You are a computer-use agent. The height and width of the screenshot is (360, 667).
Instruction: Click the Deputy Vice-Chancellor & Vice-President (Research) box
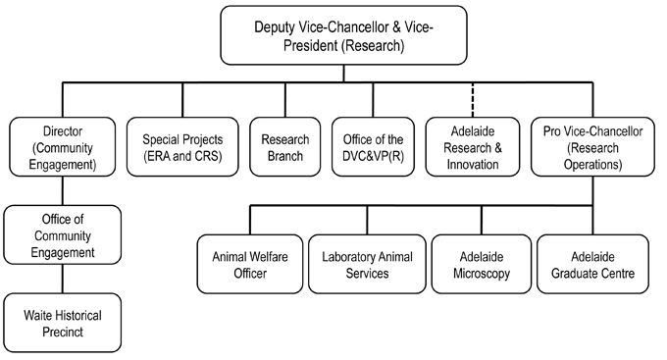331,38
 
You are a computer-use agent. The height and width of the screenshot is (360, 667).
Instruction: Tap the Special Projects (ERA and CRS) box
183,147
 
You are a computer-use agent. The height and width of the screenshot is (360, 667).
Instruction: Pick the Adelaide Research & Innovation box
471,147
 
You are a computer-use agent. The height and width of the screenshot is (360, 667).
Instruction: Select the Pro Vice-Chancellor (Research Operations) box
590,147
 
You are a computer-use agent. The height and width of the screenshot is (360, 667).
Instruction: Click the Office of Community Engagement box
64,236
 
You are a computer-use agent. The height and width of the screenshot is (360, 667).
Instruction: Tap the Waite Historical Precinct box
64,323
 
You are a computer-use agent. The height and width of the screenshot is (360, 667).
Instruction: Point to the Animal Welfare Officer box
249,265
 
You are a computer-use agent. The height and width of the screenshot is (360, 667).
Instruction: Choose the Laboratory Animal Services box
367,265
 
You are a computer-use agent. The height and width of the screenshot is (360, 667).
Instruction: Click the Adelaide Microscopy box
482,265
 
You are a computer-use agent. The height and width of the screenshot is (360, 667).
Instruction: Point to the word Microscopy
482,274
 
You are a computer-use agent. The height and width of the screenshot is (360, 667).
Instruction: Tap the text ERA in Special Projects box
160,156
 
